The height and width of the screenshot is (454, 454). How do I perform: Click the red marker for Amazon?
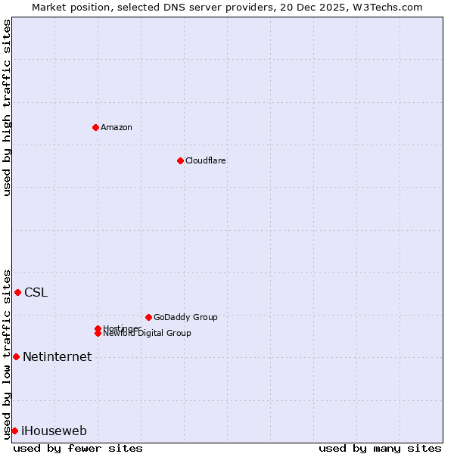[95, 127]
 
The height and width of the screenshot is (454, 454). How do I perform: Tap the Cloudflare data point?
[180, 160]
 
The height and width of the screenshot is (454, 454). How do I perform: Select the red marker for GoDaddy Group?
[148, 317]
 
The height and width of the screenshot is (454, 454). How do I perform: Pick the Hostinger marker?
[98, 328]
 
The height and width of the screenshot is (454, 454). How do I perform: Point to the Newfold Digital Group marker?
[98, 333]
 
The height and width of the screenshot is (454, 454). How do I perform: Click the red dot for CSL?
[17, 292]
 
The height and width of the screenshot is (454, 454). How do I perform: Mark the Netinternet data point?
[16, 356]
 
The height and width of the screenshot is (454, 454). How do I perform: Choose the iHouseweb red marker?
[14, 431]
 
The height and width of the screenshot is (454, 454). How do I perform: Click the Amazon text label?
[117, 127]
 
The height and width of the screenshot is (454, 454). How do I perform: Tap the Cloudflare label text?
[205, 160]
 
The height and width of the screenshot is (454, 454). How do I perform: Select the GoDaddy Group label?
[185, 317]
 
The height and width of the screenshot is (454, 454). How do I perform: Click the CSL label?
[36, 293]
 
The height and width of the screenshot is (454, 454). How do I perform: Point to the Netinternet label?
[57, 357]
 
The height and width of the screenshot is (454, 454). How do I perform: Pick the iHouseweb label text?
[54, 431]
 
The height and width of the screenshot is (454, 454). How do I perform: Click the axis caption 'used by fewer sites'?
[78, 448]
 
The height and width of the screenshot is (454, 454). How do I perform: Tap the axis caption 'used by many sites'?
[380, 448]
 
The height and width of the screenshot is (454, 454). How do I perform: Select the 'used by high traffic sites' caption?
[7, 107]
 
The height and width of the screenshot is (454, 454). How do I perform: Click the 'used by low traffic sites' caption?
[7, 353]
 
